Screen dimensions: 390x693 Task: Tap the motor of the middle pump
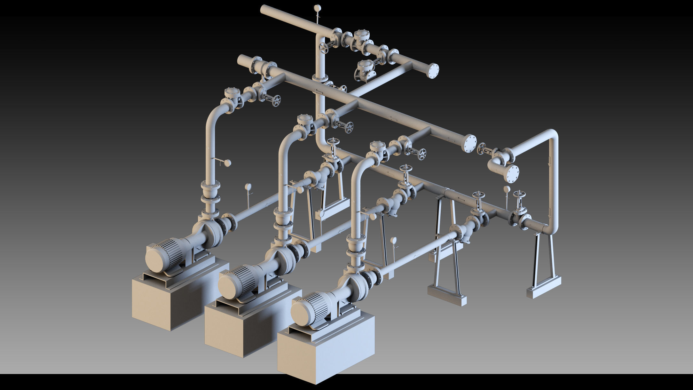(x=235, y=282)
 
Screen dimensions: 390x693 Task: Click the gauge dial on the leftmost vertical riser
(x=227, y=163)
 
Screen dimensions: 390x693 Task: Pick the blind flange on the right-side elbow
(x=512, y=173)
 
